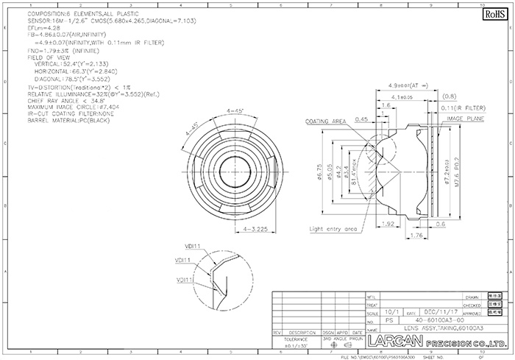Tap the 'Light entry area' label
333,229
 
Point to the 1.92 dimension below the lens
390,222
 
